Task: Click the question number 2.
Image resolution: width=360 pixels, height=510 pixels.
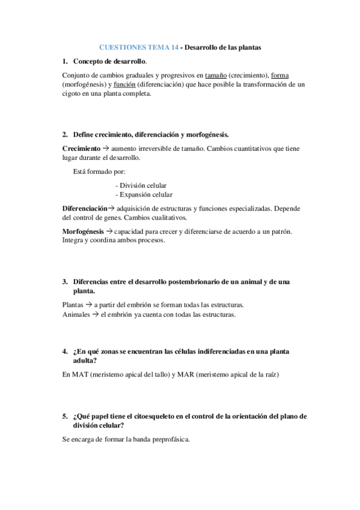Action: pyautogui.click(x=64, y=134)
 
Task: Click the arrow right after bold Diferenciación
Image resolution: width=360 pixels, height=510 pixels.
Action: pyautogui.click(x=111, y=208)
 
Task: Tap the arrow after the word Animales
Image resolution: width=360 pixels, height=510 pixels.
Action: pyautogui.click(x=95, y=314)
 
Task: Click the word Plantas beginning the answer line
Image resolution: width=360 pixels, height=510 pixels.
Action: pyautogui.click(x=73, y=305)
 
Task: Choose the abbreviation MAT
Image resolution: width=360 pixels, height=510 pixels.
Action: pyautogui.click(x=82, y=374)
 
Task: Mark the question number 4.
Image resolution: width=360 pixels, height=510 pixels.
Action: pyautogui.click(x=64, y=351)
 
